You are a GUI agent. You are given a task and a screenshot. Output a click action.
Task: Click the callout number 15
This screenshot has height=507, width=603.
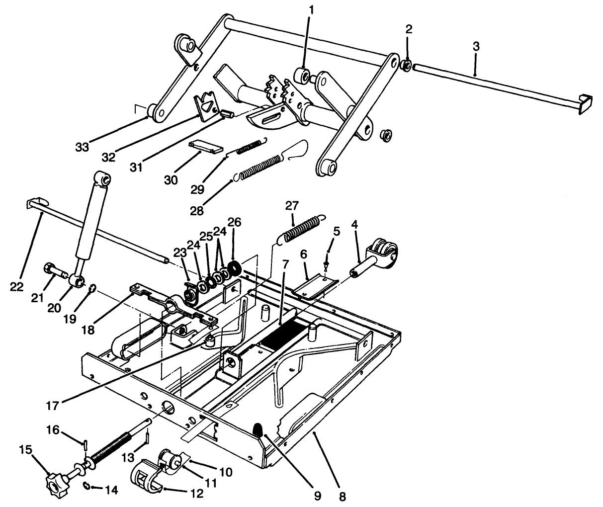[26, 450]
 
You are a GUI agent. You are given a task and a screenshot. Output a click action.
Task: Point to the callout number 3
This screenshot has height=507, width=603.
[476, 47]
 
